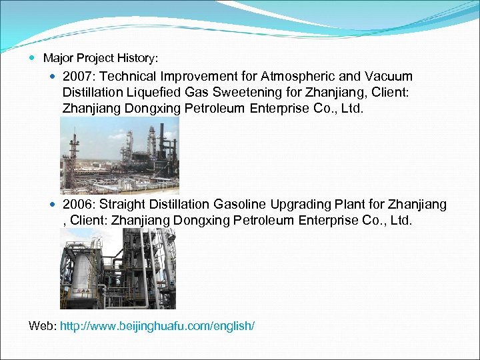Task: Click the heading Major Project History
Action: tap(101, 59)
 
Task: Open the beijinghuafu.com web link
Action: tap(157, 326)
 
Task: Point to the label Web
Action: tap(42, 326)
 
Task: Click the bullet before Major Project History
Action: tap(34, 59)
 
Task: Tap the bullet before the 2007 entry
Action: tap(54, 77)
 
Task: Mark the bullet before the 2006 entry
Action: tap(54, 204)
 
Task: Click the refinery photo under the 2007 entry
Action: tap(119, 155)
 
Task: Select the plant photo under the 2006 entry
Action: tap(118, 268)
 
